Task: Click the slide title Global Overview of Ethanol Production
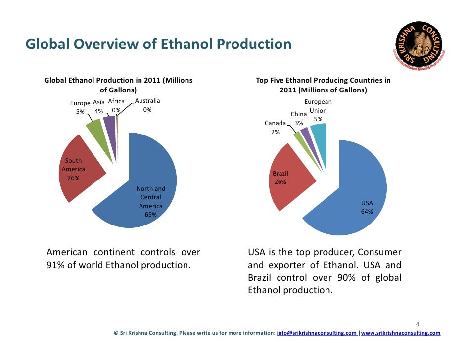tap(158, 45)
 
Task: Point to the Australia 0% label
tap(147, 106)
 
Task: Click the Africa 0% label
tap(116, 106)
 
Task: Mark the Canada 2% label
tap(275, 128)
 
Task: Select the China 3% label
tap(299, 119)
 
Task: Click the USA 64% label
tap(367, 207)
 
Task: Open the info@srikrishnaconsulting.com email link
tap(317, 333)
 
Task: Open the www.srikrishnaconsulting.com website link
tap(401, 333)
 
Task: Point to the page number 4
tap(418, 324)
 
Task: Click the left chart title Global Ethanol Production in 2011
tap(118, 85)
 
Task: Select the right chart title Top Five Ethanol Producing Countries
tap(323, 85)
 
